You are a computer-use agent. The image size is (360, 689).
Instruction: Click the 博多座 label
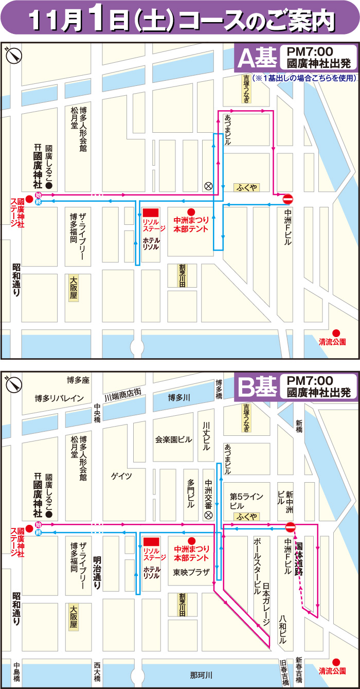pyautogui.click(x=78, y=380)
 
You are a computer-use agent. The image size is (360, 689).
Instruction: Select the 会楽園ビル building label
pyautogui.click(x=173, y=439)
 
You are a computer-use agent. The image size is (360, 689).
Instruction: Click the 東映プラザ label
pyautogui.click(x=191, y=572)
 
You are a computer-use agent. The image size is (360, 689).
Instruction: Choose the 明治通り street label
pyautogui.click(x=96, y=572)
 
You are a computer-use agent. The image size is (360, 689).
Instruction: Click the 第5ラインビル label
pyautogui.click(x=246, y=501)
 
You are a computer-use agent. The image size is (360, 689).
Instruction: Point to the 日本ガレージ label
pyautogui.click(x=266, y=604)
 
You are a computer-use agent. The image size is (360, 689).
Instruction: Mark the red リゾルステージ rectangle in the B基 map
pyautogui.click(x=151, y=542)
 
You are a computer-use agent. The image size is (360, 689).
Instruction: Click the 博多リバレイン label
pyautogui.click(x=59, y=398)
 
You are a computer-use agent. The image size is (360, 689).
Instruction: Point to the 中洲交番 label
pyautogui.click(x=208, y=491)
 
